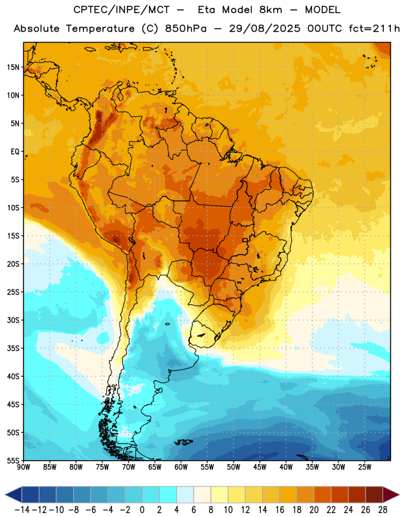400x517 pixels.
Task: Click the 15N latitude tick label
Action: [x=13, y=67]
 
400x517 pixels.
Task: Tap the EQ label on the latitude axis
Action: [x=15, y=152]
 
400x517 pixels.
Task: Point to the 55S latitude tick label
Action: [x=13, y=460]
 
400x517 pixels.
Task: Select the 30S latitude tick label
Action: [x=13, y=320]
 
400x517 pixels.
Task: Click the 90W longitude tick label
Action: [x=23, y=467]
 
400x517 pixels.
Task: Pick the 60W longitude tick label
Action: [x=181, y=467]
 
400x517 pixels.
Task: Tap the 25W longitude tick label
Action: [x=364, y=467]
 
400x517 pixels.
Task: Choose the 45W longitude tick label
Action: [x=260, y=467]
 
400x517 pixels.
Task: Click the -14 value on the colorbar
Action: [x=22, y=510]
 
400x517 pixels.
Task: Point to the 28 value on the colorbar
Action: [x=383, y=510]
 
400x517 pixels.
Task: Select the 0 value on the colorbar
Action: [x=142, y=510]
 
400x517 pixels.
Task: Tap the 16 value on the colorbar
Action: [x=280, y=510]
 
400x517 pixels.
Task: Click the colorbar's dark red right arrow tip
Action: [x=399, y=494]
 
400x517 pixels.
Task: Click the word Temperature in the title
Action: [x=100, y=28]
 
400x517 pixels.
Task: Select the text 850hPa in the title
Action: [x=186, y=28]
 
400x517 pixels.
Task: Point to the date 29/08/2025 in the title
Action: [x=265, y=28]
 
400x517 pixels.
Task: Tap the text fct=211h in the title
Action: [x=374, y=28]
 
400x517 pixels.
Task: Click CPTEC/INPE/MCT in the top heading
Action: [x=122, y=10]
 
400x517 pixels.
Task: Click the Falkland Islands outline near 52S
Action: [x=184, y=442]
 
